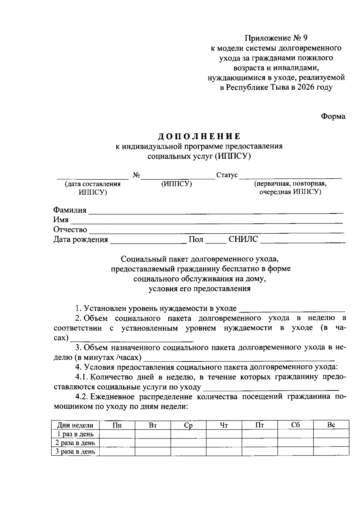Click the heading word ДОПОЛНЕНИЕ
point(199,136)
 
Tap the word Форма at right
point(333,116)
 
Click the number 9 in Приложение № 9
point(305,38)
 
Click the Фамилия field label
point(70,210)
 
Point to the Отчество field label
point(70,230)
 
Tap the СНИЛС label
point(243,239)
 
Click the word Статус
point(227,175)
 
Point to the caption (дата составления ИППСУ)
point(93,188)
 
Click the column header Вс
point(331,425)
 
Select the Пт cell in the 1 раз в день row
point(259,434)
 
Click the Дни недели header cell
point(75,425)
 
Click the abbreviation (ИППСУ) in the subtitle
point(232,156)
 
